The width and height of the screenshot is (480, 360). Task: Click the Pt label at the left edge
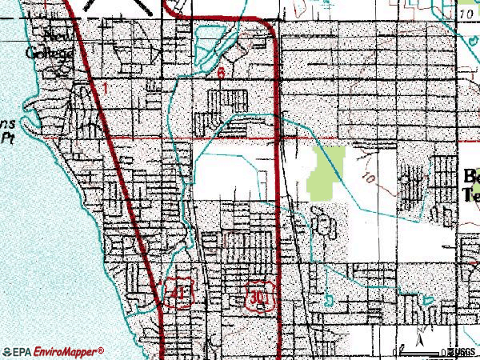pyautogui.click(x=8, y=137)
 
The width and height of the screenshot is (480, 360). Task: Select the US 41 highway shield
pyautogui.click(x=175, y=292)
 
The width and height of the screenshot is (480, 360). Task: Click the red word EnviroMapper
pyautogui.click(x=67, y=352)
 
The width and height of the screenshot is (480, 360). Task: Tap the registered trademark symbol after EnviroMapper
pyautogui.click(x=101, y=350)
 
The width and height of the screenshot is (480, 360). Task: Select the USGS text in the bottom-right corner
pyautogui.click(x=462, y=352)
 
